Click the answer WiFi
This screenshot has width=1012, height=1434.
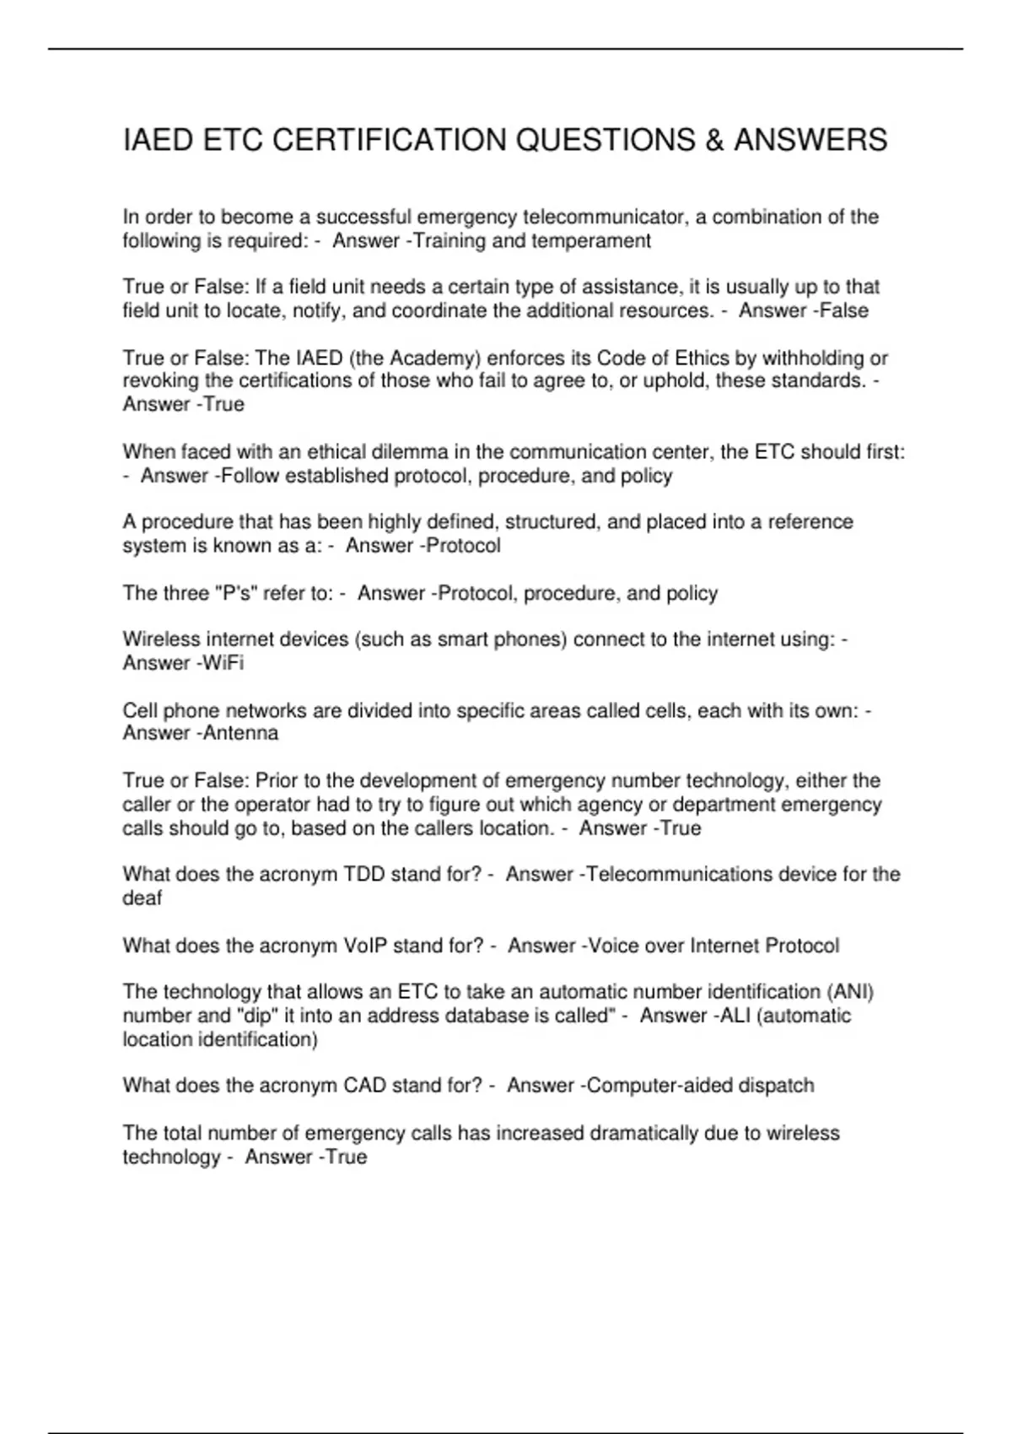[x=223, y=663]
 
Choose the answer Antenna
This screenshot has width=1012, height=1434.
[x=240, y=733]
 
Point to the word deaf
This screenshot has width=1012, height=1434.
[x=142, y=898]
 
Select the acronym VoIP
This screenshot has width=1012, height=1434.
[x=365, y=946]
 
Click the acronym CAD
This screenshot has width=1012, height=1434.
[x=364, y=1086]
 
